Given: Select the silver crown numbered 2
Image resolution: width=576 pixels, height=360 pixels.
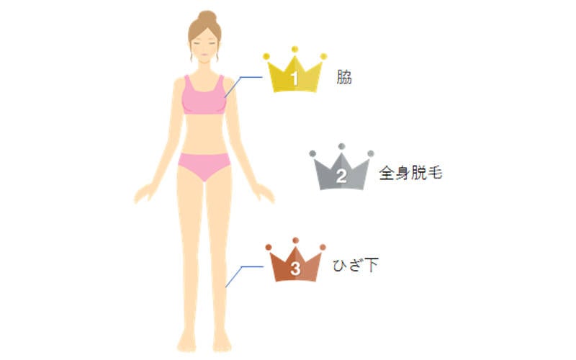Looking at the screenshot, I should click(341, 173).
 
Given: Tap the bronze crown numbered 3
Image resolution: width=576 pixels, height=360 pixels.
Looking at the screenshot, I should click(295, 265).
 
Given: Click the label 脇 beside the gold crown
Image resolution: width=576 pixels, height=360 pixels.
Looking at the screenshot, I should click(344, 77).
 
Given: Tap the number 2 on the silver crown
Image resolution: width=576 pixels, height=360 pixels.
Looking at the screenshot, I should click(341, 176).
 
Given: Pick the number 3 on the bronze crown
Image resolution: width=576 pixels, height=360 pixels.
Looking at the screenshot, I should click(295, 269).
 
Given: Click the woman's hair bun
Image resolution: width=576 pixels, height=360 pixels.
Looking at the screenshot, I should click(207, 17).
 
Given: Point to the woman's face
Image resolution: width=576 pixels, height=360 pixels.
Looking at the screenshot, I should click(204, 46).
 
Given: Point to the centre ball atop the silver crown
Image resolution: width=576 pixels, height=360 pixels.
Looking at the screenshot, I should click(341, 146).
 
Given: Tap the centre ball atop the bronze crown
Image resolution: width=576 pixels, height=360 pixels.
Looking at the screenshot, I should click(295, 240).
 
